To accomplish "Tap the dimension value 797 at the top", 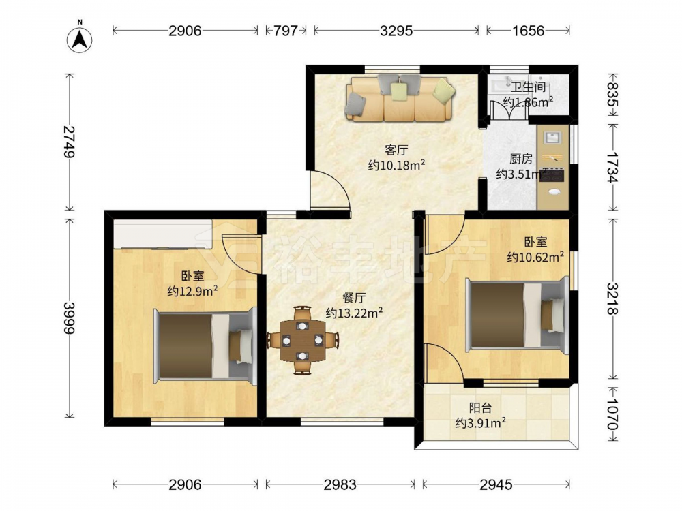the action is click(285, 31).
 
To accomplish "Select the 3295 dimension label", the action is click(396, 31).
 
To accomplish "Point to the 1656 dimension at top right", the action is click(528, 31).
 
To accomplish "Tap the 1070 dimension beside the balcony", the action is click(612, 414).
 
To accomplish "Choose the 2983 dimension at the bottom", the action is click(340, 484).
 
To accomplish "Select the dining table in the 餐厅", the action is click(302, 340).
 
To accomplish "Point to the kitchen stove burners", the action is click(552, 175).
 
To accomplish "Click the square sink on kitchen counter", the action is click(552, 138).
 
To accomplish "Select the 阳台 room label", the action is click(481, 408).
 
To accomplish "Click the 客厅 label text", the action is click(396, 151).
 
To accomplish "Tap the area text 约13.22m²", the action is click(355, 313).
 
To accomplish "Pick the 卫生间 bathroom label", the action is click(528, 87).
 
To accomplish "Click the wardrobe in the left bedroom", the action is click(163, 234).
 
